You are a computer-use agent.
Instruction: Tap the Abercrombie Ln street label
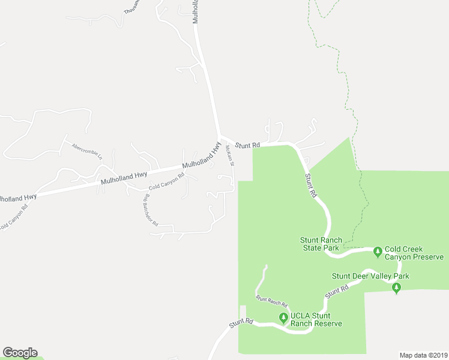87,151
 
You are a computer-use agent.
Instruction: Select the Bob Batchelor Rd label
149,210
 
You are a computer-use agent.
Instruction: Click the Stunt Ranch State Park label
321,244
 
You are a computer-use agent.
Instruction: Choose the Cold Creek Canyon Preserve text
414,253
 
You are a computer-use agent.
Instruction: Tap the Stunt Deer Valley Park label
370,276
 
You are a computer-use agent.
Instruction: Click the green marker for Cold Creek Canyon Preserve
378,250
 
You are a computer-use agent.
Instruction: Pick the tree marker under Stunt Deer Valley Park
396,288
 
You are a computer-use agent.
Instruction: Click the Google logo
20,353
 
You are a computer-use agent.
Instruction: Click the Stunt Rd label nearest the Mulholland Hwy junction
247,145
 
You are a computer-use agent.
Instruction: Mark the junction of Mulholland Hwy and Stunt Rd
220,137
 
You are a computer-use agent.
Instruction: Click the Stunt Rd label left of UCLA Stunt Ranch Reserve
241,322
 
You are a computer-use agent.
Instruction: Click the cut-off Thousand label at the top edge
131,7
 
